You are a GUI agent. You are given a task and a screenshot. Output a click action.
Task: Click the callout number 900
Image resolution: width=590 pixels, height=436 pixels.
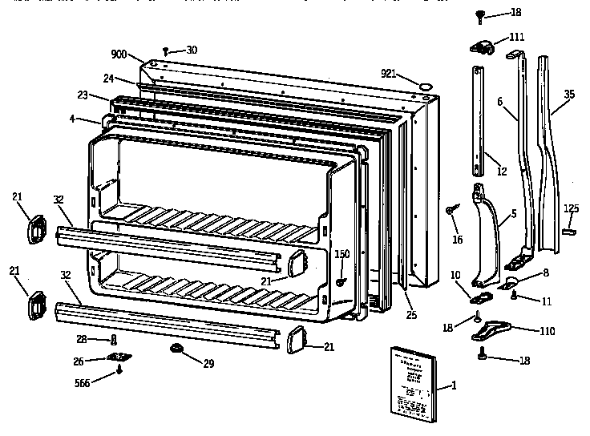(x=119, y=54)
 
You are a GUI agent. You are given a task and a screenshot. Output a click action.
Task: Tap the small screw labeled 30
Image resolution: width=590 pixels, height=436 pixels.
(x=166, y=50)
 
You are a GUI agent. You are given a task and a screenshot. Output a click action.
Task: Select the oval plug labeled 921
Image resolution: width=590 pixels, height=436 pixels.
(x=426, y=82)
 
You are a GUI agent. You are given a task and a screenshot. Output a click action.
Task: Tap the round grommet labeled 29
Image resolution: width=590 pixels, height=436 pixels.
(x=176, y=349)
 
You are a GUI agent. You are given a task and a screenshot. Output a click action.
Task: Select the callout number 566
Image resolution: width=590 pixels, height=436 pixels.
(x=82, y=383)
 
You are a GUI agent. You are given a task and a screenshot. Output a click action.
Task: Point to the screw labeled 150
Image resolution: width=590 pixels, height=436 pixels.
(x=341, y=281)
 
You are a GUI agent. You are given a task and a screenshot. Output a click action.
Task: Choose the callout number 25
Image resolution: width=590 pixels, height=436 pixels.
(x=411, y=315)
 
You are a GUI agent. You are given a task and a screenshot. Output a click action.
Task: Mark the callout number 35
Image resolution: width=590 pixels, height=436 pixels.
(x=568, y=94)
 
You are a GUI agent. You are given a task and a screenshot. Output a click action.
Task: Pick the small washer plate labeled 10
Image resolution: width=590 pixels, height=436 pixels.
(x=483, y=298)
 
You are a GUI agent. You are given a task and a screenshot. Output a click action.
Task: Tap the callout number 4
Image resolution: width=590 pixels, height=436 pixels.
(x=72, y=119)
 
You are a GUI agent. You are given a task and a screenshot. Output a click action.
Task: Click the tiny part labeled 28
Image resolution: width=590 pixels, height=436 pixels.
(x=115, y=341)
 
